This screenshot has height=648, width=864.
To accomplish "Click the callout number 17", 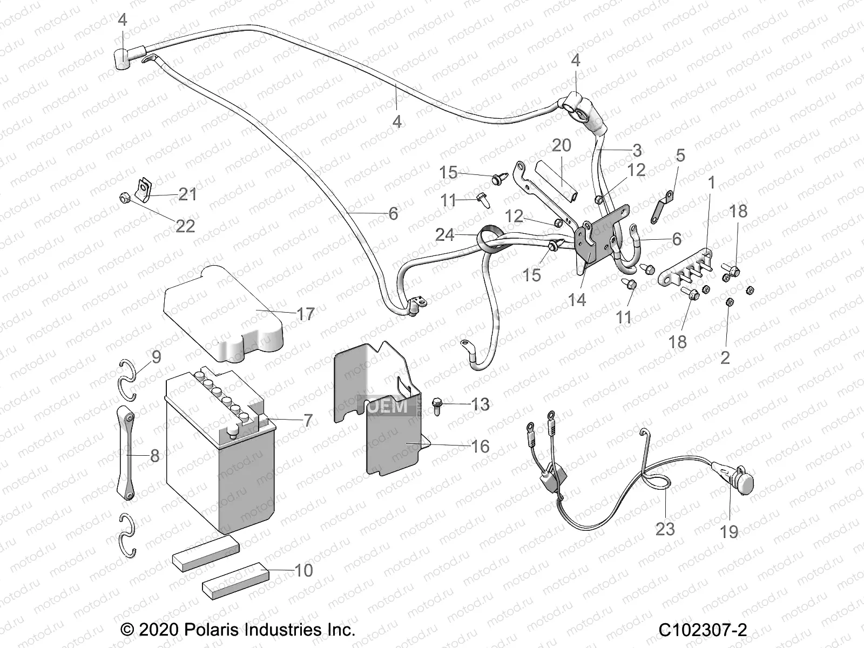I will pos(306,314).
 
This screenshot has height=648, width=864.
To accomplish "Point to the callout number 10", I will pos(304,570).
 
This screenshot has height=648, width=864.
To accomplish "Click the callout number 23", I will pos(665,528).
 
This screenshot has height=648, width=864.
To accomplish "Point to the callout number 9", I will pos(156,357).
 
